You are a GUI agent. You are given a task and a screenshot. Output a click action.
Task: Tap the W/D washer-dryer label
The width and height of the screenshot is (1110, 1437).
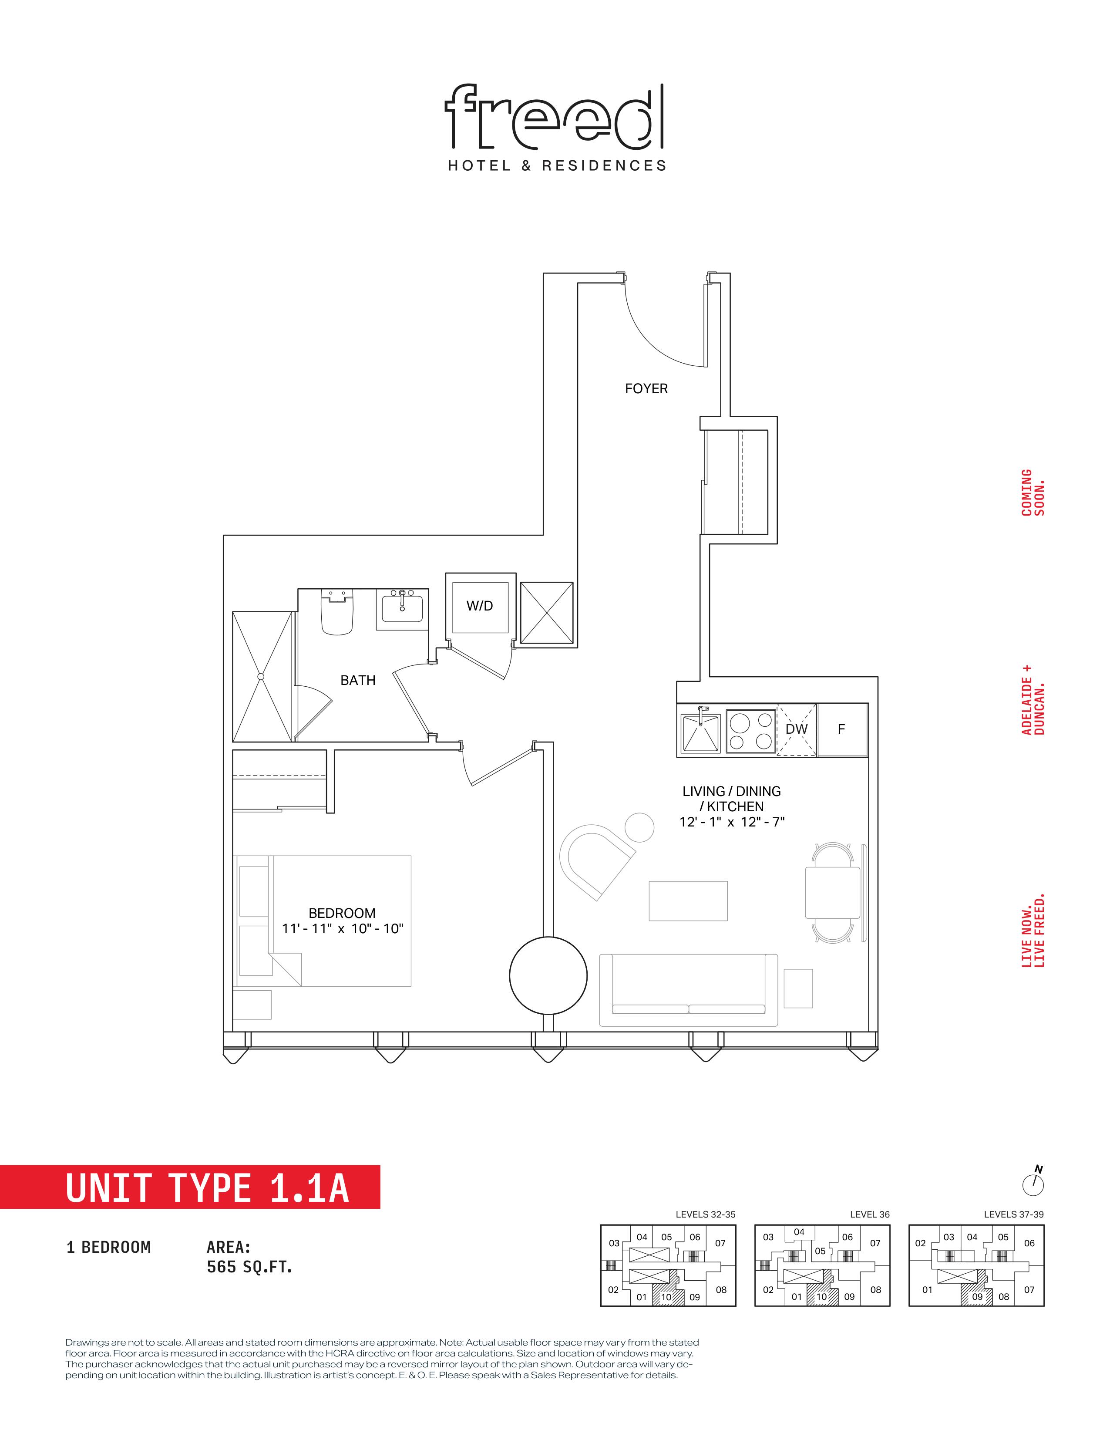point(479,606)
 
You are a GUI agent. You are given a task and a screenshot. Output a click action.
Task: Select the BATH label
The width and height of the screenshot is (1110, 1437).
point(358,680)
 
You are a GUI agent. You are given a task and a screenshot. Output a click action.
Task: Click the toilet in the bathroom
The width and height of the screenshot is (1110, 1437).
point(337,612)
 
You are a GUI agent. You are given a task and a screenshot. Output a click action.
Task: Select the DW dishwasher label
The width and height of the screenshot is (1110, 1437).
point(796,729)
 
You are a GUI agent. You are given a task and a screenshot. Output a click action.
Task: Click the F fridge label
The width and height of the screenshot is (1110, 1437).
point(841,729)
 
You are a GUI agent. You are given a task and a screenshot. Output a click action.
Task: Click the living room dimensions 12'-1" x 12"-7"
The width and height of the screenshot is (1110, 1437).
point(732,822)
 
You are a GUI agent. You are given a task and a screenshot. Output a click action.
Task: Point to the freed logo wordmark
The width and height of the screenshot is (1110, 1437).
point(554,116)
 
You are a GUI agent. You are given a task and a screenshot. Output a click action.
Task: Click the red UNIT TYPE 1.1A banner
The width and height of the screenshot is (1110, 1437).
point(190,1187)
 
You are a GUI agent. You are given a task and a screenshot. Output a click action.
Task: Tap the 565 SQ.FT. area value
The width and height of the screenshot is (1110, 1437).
point(249,1267)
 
